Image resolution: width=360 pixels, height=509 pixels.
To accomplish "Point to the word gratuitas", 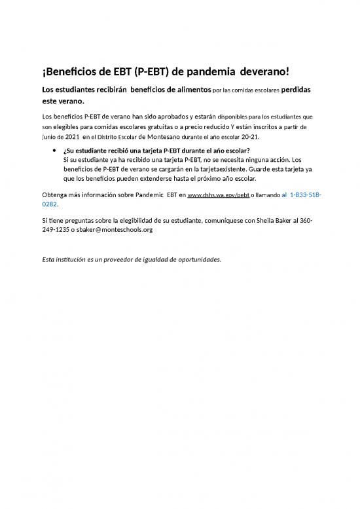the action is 173,127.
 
